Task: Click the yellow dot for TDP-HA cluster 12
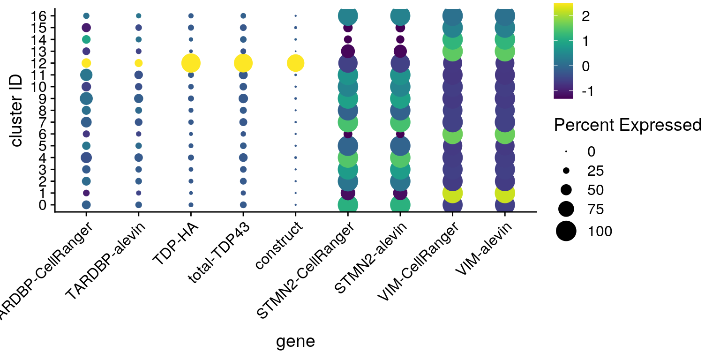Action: click(x=191, y=63)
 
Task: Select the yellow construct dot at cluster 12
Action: click(x=295, y=63)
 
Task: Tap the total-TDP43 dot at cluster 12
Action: click(x=243, y=63)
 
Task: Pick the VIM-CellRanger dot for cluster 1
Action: click(x=452, y=193)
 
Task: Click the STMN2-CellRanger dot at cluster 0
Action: click(x=348, y=205)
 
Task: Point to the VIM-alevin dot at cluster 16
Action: click(x=504, y=15)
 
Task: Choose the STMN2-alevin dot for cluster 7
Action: click(x=400, y=122)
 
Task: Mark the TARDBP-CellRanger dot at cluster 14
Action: click(x=86, y=39)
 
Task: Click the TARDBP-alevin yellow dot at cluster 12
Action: click(x=138, y=63)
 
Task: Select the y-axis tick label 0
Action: click(x=44, y=205)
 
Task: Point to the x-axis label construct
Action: click(x=279, y=246)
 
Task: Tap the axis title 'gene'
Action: click(x=295, y=341)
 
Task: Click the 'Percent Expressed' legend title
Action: click(x=628, y=125)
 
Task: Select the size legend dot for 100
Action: click(x=566, y=231)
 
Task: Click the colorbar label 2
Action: click(x=585, y=17)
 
